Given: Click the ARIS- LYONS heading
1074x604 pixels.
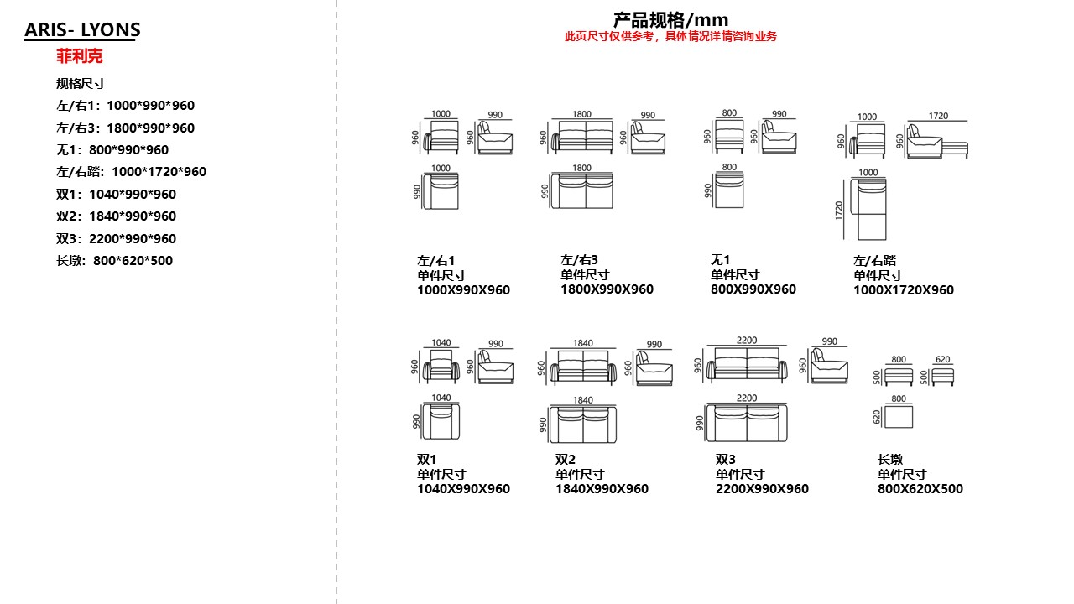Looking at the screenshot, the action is coord(82,29).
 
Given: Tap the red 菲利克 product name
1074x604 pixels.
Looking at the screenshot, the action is coord(80,56).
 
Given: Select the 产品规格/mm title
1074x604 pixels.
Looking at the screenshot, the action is coord(670,20).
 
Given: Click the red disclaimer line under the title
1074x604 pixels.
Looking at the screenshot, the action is coord(670,36).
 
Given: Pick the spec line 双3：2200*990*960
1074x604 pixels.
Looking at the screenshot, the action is coord(116,238).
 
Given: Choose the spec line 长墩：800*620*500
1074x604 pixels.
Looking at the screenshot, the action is coord(114,260).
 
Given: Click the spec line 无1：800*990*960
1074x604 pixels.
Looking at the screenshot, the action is coord(112,149).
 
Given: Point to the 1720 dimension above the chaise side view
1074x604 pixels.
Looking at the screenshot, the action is coord(938,116).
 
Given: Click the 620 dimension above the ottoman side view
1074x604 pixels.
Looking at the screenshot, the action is coord(942,359).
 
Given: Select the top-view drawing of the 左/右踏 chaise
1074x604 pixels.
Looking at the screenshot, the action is coord(868,209).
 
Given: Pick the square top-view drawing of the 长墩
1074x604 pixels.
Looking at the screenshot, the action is coord(899,417).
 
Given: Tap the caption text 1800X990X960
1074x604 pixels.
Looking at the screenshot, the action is coord(607,289).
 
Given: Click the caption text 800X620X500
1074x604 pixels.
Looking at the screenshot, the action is coord(920,488).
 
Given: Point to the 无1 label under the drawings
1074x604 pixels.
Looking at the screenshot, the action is coord(720,259).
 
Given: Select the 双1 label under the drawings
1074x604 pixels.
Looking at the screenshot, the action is coord(426,459).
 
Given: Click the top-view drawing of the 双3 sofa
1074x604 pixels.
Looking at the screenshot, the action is coord(747,423).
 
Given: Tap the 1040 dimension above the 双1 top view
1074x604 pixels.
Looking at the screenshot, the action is coord(441,398).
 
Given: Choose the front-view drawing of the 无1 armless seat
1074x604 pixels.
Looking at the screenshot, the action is coord(729,137).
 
